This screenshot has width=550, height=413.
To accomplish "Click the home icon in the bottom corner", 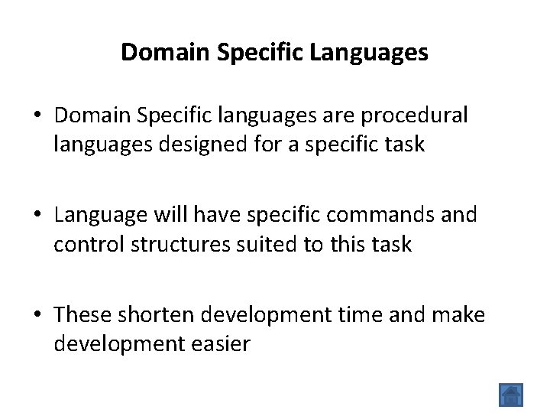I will click(511, 395).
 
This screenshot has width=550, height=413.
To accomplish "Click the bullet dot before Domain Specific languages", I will click(37, 115).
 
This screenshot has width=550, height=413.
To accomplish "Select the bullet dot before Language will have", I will click(37, 216).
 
